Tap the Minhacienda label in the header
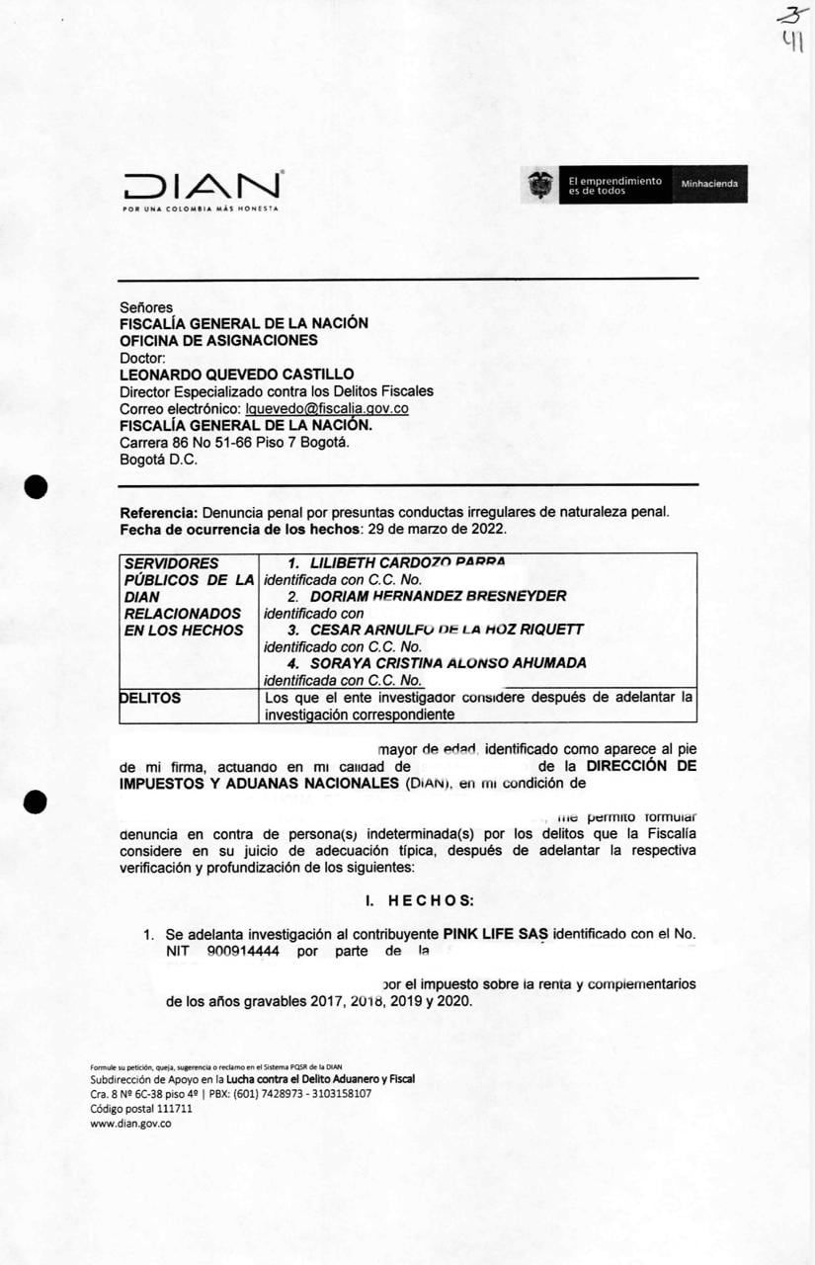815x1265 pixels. tap(709, 185)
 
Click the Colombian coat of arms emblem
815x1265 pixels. tap(540, 185)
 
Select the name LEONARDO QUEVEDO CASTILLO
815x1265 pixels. tap(236, 374)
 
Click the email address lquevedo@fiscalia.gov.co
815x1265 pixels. tap(314, 408)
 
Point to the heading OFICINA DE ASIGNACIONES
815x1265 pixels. tap(218, 340)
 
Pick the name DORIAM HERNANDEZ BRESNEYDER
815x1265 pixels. tap(439, 596)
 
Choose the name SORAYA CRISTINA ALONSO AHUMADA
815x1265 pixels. tap(448, 662)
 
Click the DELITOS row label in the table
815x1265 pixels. tap(150, 698)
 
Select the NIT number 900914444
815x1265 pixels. tap(244, 951)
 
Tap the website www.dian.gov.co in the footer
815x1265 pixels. tap(130, 1123)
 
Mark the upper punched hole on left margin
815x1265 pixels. tap(37, 487)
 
